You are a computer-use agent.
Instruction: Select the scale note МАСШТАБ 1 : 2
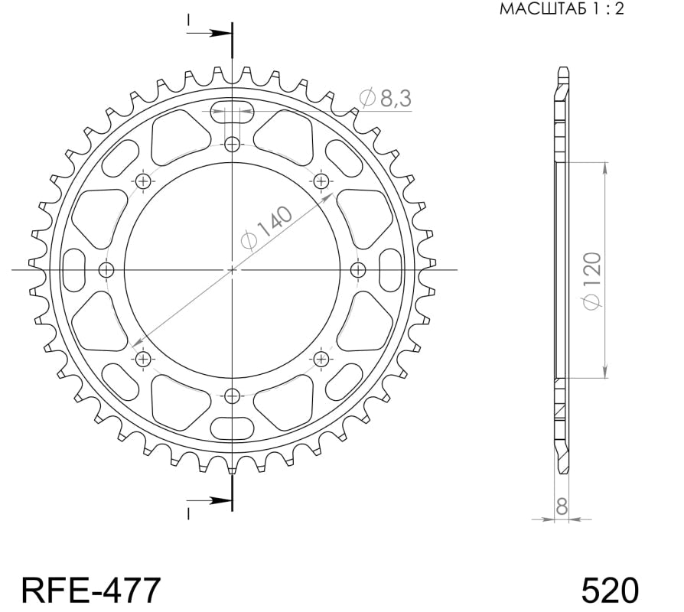point(562,9)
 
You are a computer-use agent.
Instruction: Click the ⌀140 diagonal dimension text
point(265,229)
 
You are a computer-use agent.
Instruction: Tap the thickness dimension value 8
point(562,506)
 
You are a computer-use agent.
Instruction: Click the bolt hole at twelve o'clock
point(233,143)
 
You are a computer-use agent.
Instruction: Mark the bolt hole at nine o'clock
point(106,269)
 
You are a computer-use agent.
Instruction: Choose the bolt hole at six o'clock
point(233,396)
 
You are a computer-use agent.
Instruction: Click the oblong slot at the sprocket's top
point(233,111)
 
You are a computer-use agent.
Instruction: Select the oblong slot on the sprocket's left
point(75,269)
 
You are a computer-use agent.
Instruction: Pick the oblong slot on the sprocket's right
point(390,269)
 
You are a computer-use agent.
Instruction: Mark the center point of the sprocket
point(233,269)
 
